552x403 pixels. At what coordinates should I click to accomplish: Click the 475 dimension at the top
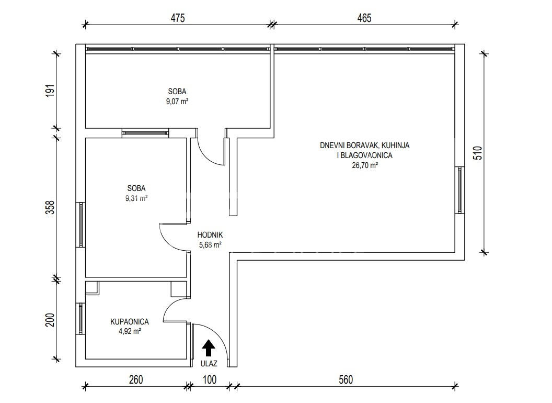point(178,18)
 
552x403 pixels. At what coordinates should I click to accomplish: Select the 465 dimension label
point(364,18)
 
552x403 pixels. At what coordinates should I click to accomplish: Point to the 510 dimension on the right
point(478,153)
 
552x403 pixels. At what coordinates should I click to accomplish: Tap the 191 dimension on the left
point(51,91)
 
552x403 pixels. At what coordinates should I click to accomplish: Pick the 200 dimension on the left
point(51,320)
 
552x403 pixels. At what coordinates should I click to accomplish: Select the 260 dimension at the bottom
point(136,380)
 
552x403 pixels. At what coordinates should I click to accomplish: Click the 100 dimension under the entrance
point(210,380)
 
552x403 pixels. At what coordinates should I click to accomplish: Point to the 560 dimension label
point(346,380)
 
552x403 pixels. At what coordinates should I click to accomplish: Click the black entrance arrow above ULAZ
point(209,348)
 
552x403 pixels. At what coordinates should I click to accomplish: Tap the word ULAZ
point(209,364)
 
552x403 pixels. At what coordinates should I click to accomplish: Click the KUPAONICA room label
point(130,321)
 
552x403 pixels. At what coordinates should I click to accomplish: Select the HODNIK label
point(210,235)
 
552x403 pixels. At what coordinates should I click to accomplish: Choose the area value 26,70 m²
point(365,165)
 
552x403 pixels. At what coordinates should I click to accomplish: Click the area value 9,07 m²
point(177,102)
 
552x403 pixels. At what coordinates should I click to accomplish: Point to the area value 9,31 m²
point(136,198)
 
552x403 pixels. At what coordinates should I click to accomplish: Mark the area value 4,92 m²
point(130,331)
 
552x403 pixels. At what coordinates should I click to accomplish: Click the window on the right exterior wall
point(460,189)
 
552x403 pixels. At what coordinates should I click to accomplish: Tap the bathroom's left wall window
point(80,319)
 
